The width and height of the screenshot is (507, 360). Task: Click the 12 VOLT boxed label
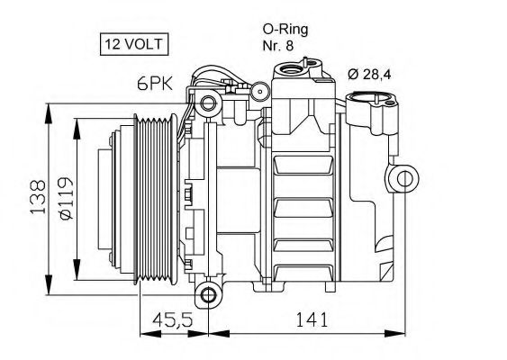pyautogui.click(x=134, y=44)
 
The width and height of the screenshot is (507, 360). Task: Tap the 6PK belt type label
pyautogui.click(x=155, y=84)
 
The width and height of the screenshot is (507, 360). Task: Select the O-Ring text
pyautogui.click(x=285, y=30)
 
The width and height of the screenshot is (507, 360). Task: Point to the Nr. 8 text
pyautogui.click(x=278, y=46)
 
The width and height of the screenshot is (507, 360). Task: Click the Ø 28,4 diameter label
pyautogui.click(x=369, y=75)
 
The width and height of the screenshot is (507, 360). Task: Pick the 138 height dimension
pyautogui.click(x=38, y=197)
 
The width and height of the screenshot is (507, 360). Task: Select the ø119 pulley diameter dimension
pyautogui.click(x=67, y=198)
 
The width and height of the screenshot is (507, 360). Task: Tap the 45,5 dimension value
pyautogui.click(x=173, y=319)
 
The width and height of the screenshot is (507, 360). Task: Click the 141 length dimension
pyautogui.click(x=312, y=319)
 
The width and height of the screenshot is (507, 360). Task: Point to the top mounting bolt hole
pyautogui.click(x=208, y=103)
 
